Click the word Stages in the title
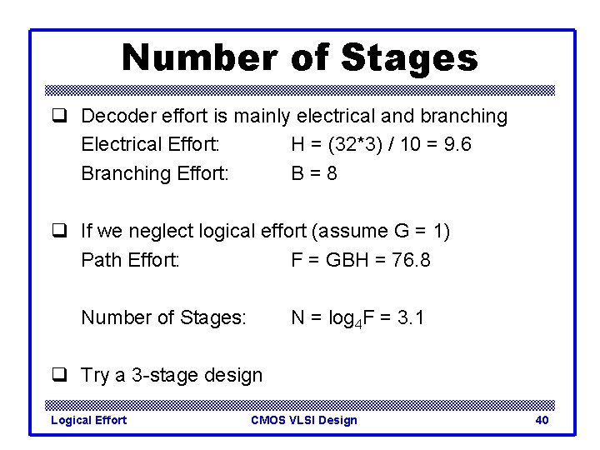pos(409,58)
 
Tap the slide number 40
pos(542,420)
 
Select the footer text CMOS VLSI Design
pos(303,420)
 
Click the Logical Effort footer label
pos(89,420)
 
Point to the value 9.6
pos(457,144)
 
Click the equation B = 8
pos(314,173)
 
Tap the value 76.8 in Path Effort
pos(411,260)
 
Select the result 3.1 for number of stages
pos(411,317)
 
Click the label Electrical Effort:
pos(150,144)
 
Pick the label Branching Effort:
pos(155,173)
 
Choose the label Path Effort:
pos(130,260)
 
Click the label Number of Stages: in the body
pos(163,317)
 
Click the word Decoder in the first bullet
pos(117,116)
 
